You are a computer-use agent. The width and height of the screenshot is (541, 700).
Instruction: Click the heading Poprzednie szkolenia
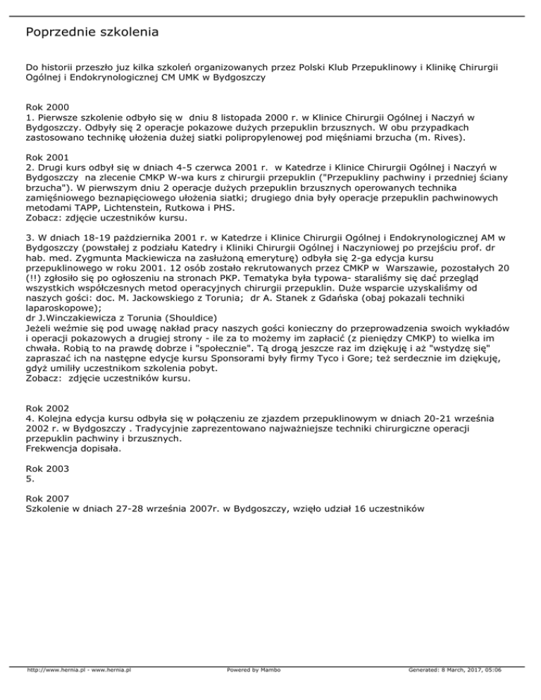click(92, 32)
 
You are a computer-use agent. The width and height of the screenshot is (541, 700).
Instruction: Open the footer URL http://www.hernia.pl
click(51, 691)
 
